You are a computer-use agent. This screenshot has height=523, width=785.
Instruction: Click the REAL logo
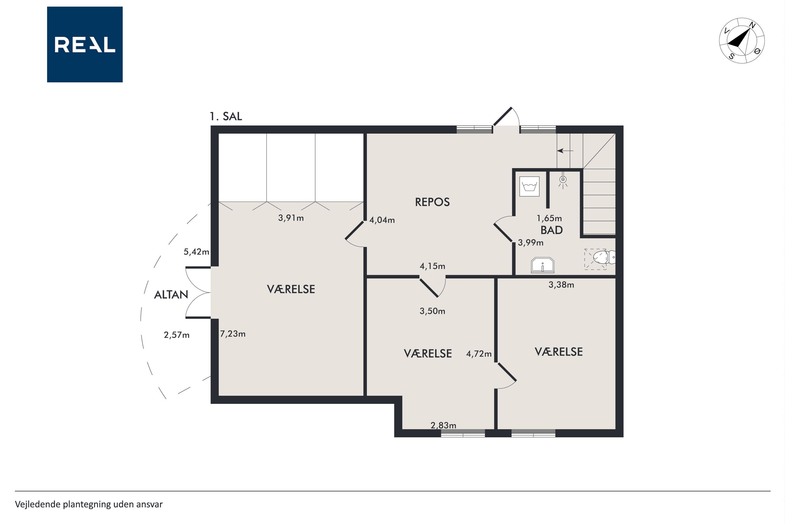point(85,44)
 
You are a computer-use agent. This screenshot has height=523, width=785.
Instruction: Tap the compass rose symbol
point(742,40)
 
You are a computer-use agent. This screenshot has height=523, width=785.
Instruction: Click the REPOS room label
point(432,202)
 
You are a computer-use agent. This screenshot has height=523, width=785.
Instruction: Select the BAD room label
point(552,230)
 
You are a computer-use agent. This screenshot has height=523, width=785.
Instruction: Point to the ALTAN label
point(171,295)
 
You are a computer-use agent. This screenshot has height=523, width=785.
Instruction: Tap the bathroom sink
point(542,265)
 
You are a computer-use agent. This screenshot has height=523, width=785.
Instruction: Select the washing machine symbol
point(530,187)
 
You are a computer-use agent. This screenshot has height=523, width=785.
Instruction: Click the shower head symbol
point(563,180)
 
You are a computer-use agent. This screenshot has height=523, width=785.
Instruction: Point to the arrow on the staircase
point(565,151)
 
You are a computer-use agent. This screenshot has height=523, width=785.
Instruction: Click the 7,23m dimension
point(232,334)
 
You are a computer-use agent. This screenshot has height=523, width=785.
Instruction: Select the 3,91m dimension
point(291,218)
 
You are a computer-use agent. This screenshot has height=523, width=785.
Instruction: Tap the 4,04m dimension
point(382,220)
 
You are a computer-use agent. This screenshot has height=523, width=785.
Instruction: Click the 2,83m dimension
point(444,425)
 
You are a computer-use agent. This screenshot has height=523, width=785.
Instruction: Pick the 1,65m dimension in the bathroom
point(549,218)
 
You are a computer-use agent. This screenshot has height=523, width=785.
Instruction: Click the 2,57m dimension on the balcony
point(177,335)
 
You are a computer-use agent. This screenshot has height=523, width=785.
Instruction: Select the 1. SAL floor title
point(226,116)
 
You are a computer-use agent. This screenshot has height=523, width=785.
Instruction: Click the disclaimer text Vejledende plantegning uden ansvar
point(89,504)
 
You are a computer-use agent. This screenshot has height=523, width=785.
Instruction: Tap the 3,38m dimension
point(562,285)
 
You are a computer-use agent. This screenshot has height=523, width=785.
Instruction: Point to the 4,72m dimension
point(479,354)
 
